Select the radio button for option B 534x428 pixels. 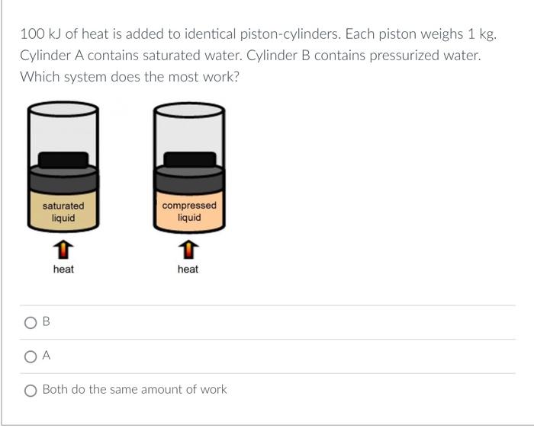pos(31,322)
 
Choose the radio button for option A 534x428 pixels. pos(31,356)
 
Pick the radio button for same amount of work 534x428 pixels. pos(31,390)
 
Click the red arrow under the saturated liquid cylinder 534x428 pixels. pos(64,249)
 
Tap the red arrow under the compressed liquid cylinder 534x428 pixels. pos(188,249)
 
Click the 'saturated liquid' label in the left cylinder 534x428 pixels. pos(63,212)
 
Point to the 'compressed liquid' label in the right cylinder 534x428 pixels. pos(189,212)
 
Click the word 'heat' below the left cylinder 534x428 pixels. pos(63,269)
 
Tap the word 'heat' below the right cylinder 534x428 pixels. pos(188,269)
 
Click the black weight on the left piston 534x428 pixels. pos(63,159)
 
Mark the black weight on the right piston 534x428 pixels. pos(189,159)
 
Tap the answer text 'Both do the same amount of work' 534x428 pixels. pos(134,389)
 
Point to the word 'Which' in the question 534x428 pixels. pos(38,77)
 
